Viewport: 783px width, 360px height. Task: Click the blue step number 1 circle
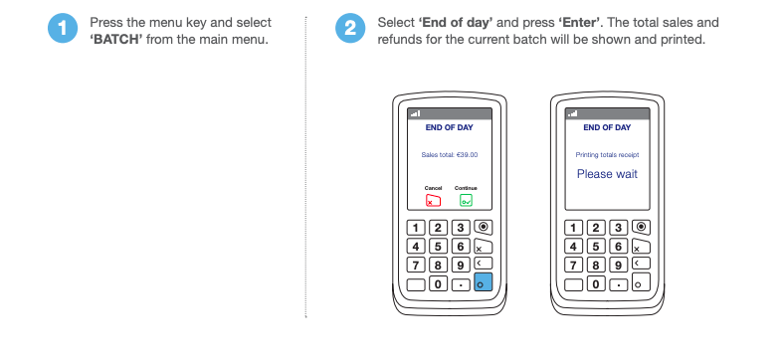click(x=63, y=28)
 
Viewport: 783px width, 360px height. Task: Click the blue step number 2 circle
click(x=350, y=28)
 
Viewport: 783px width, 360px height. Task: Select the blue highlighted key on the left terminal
click(x=483, y=282)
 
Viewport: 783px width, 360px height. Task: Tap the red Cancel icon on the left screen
click(x=433, y=200)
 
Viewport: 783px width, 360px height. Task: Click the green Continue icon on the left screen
click(x=466, y=200)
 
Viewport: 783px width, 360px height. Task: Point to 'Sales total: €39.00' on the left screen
click(x=450, y=155)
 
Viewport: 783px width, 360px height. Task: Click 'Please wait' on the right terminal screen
click(x=607, y=174)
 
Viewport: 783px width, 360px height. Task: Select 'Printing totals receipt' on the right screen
click(x=607, y=155)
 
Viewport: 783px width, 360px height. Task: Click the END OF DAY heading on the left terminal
click(x=450, y=127)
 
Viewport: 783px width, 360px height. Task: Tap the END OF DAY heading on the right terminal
click(x=607, y=127)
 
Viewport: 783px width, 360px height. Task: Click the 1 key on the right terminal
click(x=573, y=228)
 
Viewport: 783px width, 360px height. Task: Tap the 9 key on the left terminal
click(x=461, y=266)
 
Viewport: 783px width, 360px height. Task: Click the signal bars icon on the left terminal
click(x=416, y=113)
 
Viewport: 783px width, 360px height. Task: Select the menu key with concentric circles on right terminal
click(x=641, y=227)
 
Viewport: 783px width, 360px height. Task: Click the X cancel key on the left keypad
click(x=483, y=247)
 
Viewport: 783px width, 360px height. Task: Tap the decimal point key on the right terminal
click(x=618, y=284)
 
